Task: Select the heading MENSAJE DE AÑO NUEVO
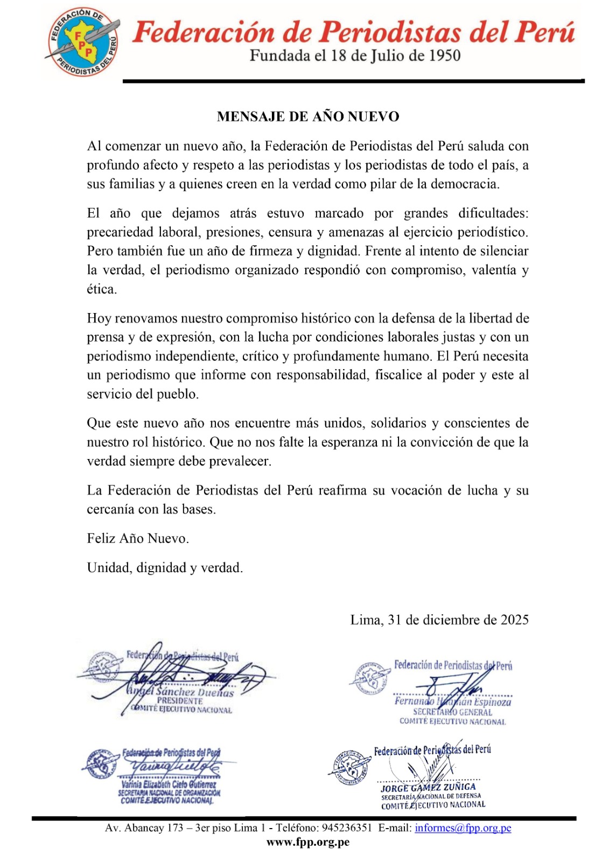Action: [308, 117]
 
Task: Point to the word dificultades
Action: [493, 213]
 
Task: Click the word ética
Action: [101, 289]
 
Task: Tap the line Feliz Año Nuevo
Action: [138, 539]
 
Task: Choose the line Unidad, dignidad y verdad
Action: [165, 568]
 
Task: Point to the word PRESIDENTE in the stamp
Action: [180, 701]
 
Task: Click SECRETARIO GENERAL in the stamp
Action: [452, 712]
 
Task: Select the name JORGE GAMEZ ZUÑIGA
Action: [428, 787]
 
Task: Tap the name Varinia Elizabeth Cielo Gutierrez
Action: [169, 784]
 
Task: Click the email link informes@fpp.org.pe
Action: [463, 828]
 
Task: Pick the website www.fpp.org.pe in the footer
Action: [308, 842]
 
